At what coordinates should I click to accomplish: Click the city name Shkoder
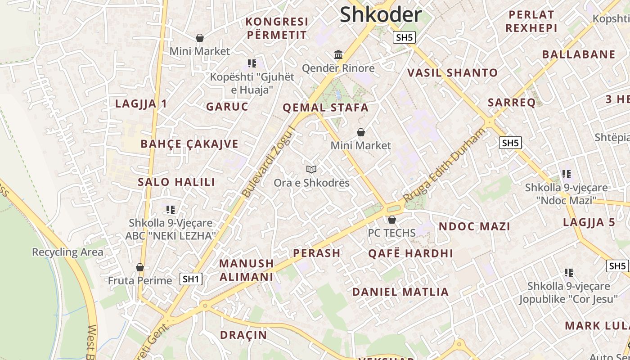[x=380, y=14]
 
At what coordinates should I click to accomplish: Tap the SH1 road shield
[x=191, y=279]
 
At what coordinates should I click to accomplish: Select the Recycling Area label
[x=67, y=252]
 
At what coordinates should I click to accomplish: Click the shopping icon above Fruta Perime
[x=140, y=267]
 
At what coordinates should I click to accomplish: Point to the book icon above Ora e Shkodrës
[x=311, y=169]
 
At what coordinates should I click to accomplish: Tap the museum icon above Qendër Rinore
[x=338, y=55]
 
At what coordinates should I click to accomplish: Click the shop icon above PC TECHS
[x=392, y=220]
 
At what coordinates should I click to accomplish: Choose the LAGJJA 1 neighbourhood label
[x=141, y=103]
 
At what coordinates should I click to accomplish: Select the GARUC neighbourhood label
[x=227, y=107]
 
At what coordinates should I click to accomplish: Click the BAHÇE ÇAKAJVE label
[x=189, y=144]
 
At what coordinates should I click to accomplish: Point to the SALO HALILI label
[x=176, y=182]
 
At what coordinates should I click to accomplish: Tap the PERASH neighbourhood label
[x=317, y=253]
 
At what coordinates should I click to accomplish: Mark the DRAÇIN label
[x=243, y=335]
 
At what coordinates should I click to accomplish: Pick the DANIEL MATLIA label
[x=400, y=292]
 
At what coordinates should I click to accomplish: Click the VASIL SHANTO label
[x=452, y=72]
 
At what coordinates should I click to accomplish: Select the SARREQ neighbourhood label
[x=512, y=103]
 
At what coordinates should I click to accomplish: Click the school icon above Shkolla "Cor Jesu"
[x=569, y=272]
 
